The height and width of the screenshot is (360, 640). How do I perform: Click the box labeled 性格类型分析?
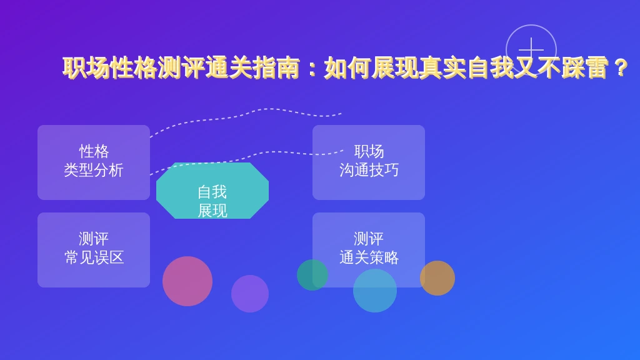[94, 162]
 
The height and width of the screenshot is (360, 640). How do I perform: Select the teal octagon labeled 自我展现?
[212, 191]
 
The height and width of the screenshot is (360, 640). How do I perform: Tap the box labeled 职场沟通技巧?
[369, 162]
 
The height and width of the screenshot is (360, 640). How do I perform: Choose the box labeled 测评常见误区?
[94, 250]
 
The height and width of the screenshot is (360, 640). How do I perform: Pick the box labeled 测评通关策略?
[369, 250]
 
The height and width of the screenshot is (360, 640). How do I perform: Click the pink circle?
[187, 281]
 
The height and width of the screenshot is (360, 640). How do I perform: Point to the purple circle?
[250, 294]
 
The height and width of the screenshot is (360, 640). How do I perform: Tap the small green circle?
[312, 275]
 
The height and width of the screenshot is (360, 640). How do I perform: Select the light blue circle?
[375, 291]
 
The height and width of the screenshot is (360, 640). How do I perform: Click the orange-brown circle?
[437, 278]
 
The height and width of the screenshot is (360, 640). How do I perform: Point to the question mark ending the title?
[621, 67]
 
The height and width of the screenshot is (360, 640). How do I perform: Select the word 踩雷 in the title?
[584, 67]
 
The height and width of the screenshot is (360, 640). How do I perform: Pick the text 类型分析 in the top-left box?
[94, 170]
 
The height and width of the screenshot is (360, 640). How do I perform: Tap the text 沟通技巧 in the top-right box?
[369, 170]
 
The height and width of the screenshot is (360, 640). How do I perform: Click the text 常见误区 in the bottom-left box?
[94, 257]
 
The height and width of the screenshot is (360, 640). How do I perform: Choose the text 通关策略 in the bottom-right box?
[369, 257]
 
